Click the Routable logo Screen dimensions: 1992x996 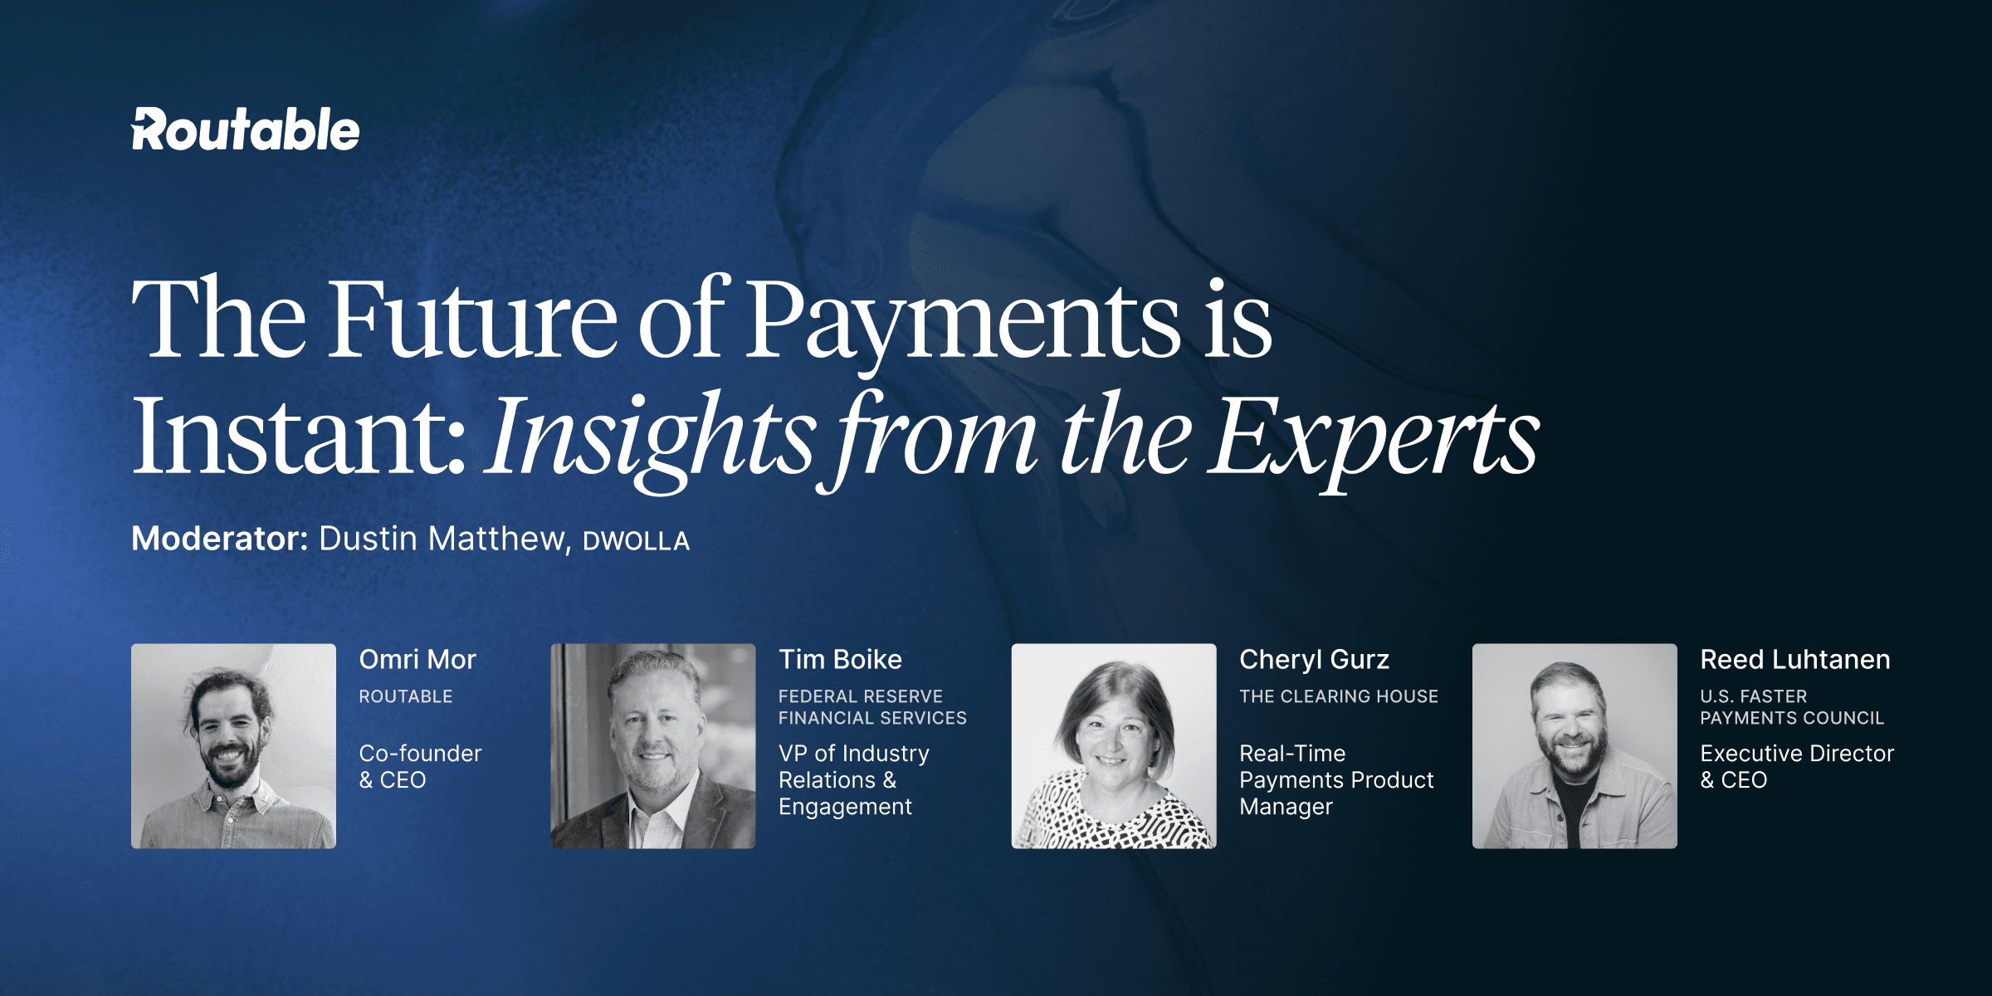coord(246,129)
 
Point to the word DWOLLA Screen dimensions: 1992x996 coord(637,541)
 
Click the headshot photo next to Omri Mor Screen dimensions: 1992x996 coord(233,746)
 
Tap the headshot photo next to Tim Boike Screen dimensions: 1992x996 coord(653,746)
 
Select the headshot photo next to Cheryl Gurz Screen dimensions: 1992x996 coord(1114,746)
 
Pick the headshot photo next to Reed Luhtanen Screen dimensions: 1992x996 coord(1575,746)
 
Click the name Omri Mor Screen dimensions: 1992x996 coord(417,660)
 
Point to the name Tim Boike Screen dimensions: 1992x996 coord(840,660)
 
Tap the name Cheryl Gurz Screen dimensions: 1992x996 coord(1314,661)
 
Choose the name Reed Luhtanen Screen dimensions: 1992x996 coord(1795,660)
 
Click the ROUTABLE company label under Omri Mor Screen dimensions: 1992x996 coord(406,696)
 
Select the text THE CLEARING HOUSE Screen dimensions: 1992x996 coord(1339,696)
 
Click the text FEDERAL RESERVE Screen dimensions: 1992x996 coord(861,696)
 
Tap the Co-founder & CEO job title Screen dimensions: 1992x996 coord(420,766)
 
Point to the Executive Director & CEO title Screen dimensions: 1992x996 coord(1797,766)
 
